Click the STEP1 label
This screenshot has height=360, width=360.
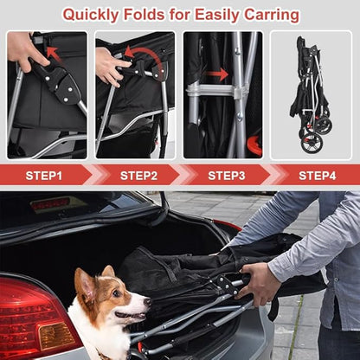43,175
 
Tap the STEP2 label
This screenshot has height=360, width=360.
138,175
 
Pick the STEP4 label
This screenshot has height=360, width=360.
317,175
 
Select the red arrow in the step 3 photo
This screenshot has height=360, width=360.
217,74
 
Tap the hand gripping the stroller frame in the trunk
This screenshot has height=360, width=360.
260,284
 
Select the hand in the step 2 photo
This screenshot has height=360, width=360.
109,66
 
